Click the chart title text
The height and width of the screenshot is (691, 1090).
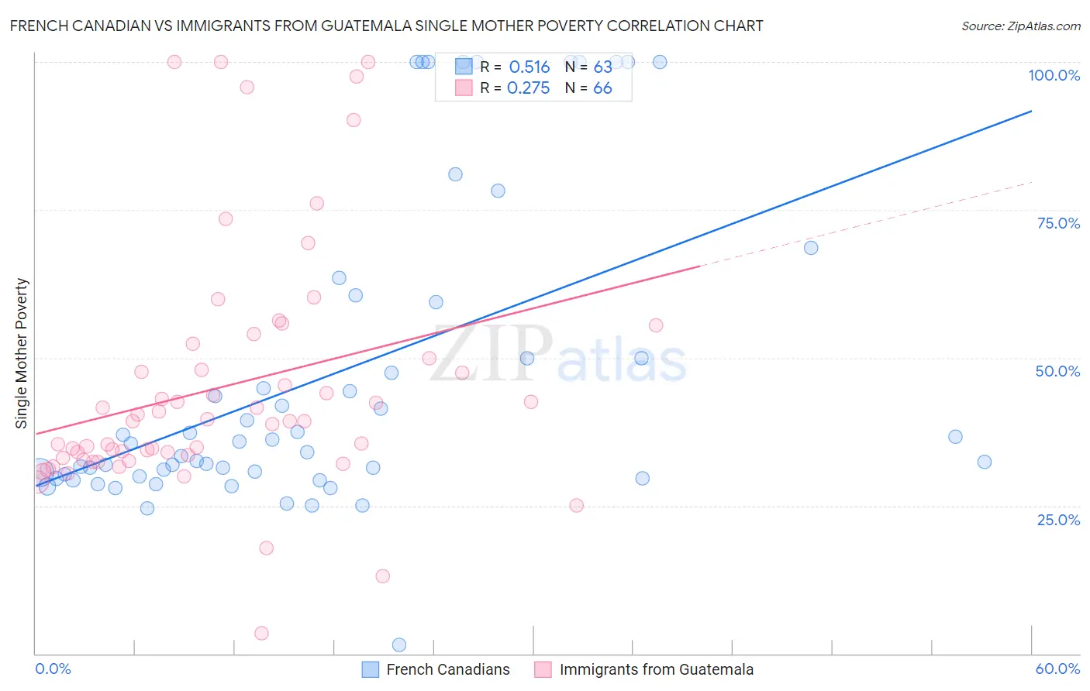pos(386,26)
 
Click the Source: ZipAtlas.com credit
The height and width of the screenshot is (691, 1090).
pos(1020,26)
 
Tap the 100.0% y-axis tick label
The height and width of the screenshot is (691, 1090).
pos(1054,75)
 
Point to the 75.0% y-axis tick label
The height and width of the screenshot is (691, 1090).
pos(1058,223)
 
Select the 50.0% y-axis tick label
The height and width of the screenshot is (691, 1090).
pos(1057,371)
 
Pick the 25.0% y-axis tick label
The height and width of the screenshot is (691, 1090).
pos(1058,519)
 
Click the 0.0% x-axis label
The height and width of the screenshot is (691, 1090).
pos(53,669)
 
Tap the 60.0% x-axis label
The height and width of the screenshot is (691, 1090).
pos(1057,669)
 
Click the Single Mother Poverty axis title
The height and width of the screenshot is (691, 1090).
pos(22,353)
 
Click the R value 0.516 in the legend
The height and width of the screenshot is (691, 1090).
pos(529,67)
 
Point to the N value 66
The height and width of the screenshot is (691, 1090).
pos(602,88)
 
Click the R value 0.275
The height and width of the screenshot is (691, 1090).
pos(528,88)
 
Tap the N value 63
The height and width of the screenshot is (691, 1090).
pos(602,67)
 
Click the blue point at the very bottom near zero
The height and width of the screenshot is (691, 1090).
pos(399,645)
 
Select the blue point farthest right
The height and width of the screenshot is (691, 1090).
pos(985,462)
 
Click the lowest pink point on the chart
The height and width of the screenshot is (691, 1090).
pos(261,633)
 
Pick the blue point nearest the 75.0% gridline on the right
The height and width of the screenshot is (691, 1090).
pos(811,248)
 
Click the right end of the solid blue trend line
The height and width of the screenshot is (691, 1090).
pos(1031,112)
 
